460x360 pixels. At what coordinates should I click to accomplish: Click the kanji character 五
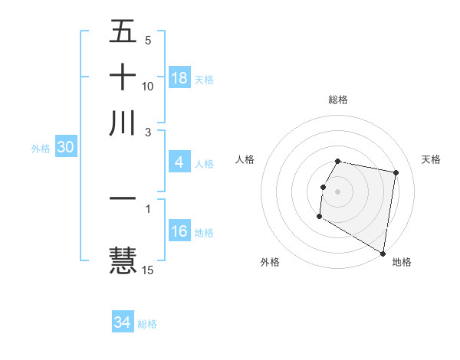click(123, 33)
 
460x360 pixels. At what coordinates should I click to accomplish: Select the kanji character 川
click(123, 123)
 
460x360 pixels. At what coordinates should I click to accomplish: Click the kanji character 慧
click(123, 258)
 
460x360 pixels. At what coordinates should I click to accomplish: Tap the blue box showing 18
click(179, 78)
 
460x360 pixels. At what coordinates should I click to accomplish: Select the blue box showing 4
click(179, 162)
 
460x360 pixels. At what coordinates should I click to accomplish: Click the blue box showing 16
click(179, 231)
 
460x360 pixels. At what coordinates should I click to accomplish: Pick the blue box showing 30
click(65, 148)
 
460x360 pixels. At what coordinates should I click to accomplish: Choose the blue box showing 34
click(123, 322)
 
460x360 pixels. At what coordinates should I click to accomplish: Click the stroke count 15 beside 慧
click(148, 270)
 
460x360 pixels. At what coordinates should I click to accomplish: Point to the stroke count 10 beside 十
click(148, 86)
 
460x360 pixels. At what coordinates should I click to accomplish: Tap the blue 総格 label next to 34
click(147, 324)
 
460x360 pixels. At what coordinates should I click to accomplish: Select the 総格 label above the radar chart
click(337, 100)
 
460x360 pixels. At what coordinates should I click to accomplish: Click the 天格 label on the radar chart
click(431, 159)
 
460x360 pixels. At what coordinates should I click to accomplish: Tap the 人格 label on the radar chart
click(245, 159)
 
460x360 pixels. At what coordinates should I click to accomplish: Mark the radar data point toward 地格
click(383, 254)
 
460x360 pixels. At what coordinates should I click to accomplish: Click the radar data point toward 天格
click(396, 173)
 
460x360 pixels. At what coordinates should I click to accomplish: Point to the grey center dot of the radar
click(337, 191)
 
